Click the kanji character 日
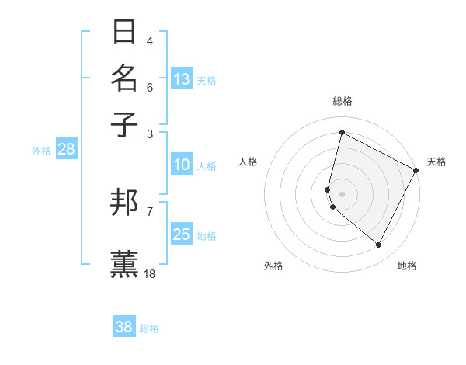pos(125,33)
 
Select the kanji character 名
pos(125,78)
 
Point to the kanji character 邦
pos(125,203)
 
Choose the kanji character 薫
pos(125,263)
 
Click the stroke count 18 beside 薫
pos(150,273)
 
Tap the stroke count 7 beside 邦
pos(149,210)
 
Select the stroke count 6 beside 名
pos(150,87)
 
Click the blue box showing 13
pos(182,78)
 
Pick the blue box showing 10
pos(182,165)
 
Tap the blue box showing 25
pos(182,235)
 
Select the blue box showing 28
pos(66,149)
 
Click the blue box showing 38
pos(124,327)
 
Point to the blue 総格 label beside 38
pos(149,328)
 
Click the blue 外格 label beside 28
pos(40,151)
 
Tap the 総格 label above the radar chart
pos(342,101)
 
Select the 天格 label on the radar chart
pos(436,162)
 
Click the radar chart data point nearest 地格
pos(379,245)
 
